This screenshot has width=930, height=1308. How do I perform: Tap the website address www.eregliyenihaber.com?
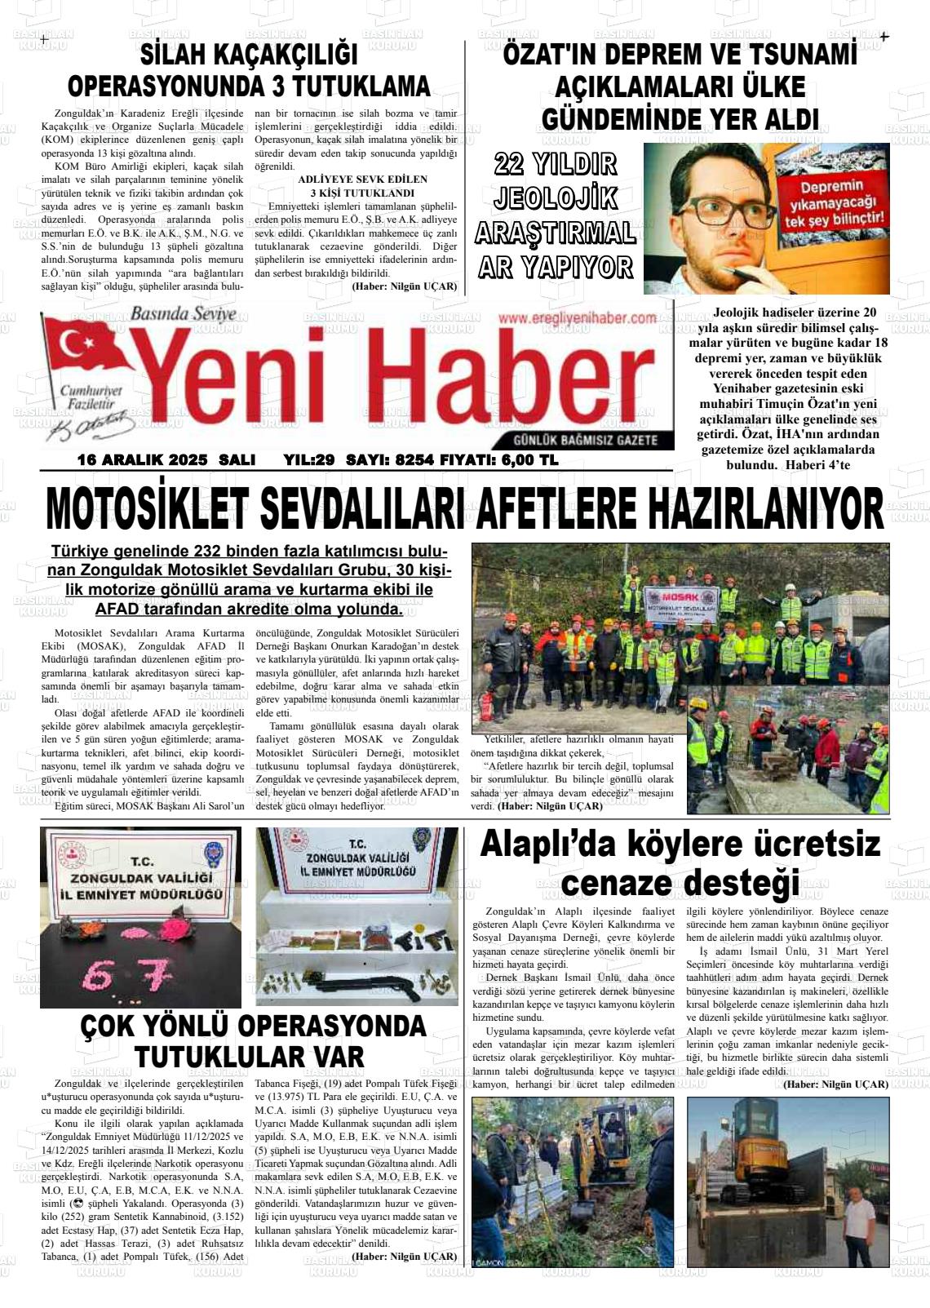(577, 318)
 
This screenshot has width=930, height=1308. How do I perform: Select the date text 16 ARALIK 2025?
(142, 460)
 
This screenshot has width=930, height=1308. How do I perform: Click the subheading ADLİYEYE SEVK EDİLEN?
(362, 179)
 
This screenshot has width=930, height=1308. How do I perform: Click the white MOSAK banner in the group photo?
(685, 603)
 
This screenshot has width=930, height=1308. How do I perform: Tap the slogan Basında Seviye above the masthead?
(183, 313)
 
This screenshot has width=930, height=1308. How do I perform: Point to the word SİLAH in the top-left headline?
(179, 55)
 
